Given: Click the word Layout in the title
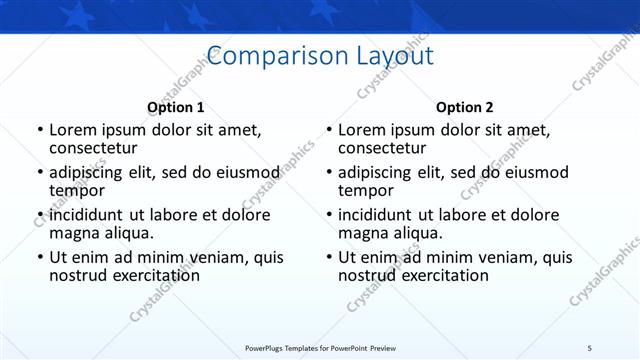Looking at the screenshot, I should pyautogui.click(x=393, y=55).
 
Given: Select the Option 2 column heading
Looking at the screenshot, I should pyautogui.click(x=465, y=107).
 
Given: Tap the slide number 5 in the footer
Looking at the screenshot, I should pyautogui.click(x=589, y=347).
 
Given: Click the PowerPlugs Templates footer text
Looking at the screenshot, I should pyautogui.click(x=320, y=347).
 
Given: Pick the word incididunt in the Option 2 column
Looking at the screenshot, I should pyautogui.click(x=375, y=215).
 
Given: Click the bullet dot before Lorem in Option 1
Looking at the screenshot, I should pyautogui.click(x=39, y=130).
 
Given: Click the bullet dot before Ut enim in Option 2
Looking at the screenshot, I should pyautogui.click(x=328, y=257).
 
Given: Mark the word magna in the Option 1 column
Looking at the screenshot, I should pyautogui.click(x=74, y=233).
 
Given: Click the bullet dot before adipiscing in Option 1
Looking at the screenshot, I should pyautogui.click(x=39, y=172).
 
